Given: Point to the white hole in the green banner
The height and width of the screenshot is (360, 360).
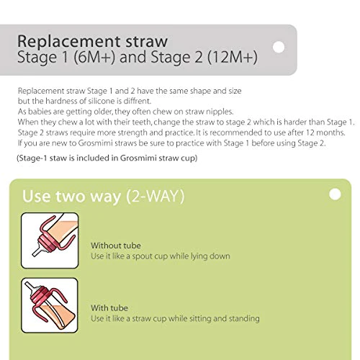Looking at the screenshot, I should [x=334, y=194].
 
